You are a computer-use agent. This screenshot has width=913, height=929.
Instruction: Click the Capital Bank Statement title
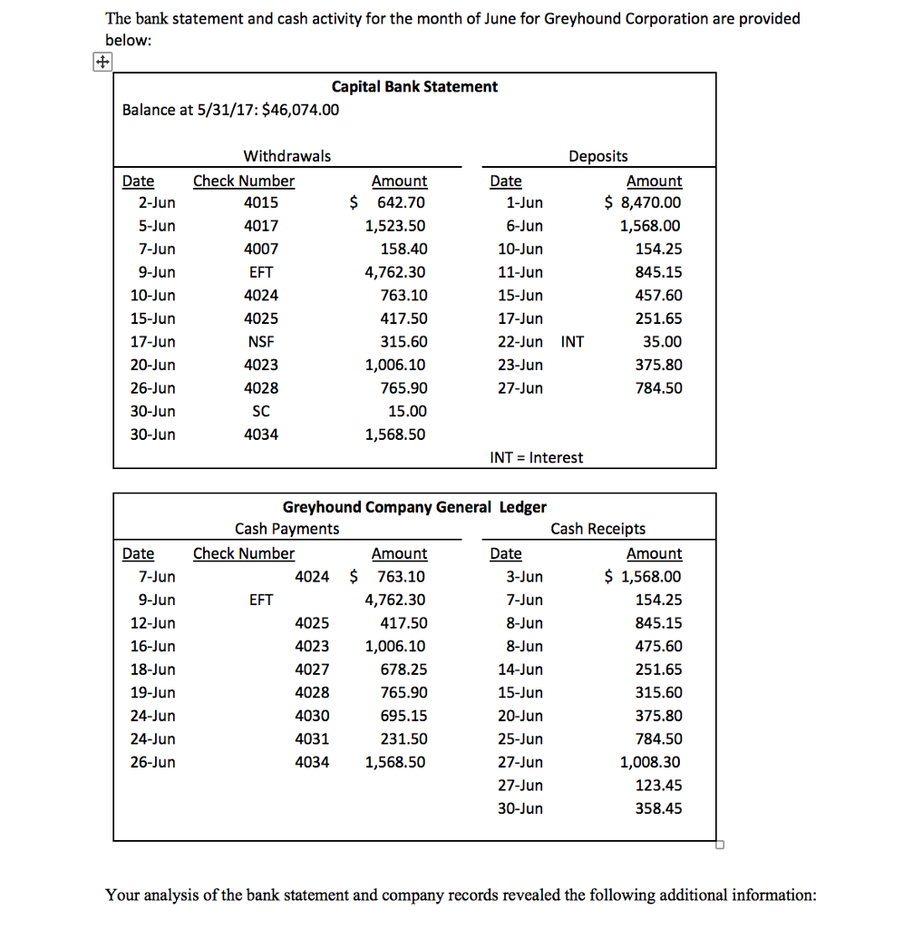414,87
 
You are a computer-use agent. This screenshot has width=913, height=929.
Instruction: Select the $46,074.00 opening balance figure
300,111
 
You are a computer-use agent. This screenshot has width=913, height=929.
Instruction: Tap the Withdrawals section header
287,157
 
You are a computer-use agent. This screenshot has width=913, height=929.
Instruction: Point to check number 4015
261,203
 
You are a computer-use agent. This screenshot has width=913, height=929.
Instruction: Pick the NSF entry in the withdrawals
261,342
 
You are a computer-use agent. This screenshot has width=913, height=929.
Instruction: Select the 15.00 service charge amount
407,412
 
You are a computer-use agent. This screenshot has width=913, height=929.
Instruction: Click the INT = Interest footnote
537,458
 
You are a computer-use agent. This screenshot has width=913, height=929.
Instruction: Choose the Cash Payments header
287,529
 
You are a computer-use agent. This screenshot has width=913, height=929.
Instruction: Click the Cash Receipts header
598,529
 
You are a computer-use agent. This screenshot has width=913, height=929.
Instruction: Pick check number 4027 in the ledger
312,670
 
